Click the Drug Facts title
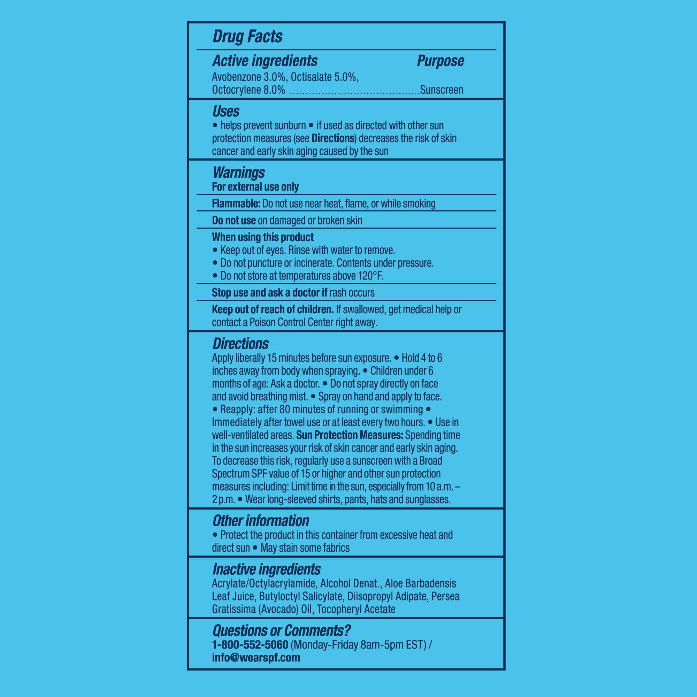(247, 37)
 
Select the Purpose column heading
(440, 61)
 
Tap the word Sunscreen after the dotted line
(442, 90)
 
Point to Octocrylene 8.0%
(248, 90)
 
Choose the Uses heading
(226, 112)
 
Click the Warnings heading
(238, 173)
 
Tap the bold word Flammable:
(236, 204)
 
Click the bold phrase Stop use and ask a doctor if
(269, 293)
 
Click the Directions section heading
(240, 344)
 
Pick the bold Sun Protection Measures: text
(350, 435)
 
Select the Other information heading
(260, 521)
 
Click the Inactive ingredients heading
(266, 569)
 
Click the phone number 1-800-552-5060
(250, 644)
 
